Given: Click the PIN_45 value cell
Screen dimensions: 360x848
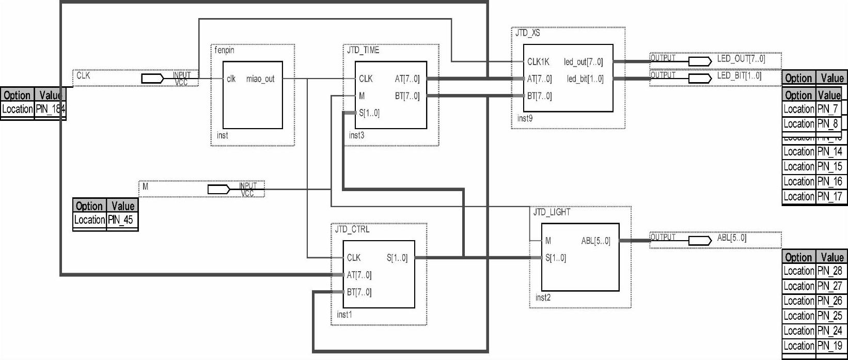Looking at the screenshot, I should (x=121, y=220).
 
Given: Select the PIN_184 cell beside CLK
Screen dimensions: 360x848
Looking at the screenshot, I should (x=50, y=109).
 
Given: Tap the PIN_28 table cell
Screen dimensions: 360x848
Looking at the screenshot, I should (x=829, y=271).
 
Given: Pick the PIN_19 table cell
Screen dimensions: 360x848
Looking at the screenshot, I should (x=829, y=346).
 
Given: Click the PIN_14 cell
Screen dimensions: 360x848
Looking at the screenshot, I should (x=829, y=151).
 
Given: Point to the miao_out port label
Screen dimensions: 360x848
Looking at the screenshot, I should (x=260, y=79).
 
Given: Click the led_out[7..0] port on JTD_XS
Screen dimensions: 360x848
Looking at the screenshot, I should (x=583, y=62).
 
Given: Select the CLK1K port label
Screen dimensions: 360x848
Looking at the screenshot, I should (x=538, y=62).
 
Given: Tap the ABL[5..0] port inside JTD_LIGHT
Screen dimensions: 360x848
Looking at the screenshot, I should (x=595, y=241).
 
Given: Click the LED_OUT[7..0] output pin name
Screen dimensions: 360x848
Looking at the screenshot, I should (x=741, y=59).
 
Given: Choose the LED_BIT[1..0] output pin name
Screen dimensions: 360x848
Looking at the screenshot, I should (x=739, y=76).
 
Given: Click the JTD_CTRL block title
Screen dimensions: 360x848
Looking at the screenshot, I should (x=352, y=229).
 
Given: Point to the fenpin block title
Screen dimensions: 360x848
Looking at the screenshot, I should (x=225, y=50).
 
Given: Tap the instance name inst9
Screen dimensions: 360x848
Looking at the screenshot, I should (x=525, y=119).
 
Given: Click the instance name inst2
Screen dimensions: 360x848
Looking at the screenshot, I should (x=543, y=298).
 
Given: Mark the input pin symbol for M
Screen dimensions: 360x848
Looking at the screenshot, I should (x=219, y=190).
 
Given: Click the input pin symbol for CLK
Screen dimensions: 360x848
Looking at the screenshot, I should (x=153, y=79).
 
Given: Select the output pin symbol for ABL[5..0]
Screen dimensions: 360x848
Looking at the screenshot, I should (x=700, y=241).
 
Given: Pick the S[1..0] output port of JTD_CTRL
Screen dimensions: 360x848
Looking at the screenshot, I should (x=397, y=258).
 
